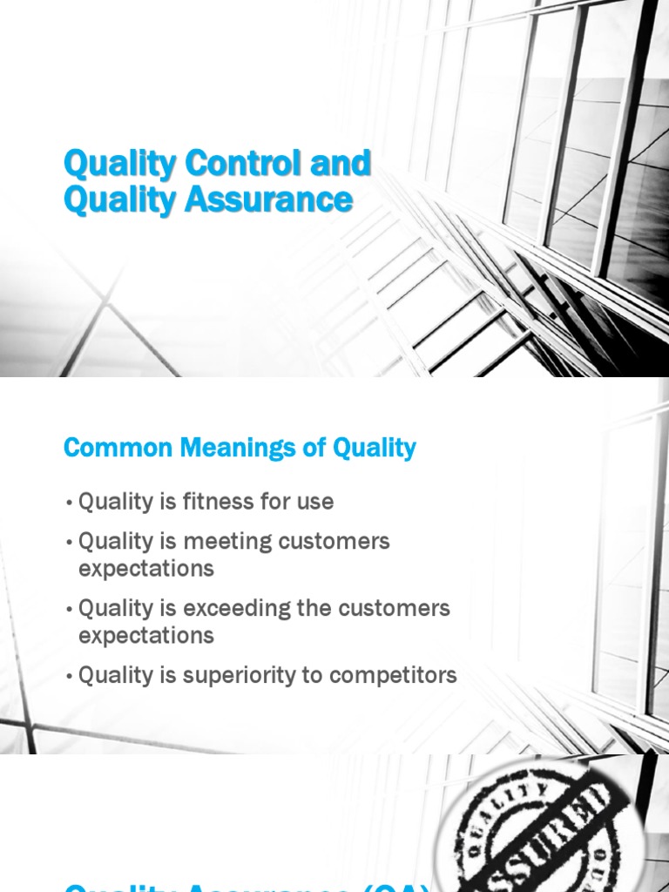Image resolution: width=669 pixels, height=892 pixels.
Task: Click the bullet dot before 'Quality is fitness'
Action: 69,503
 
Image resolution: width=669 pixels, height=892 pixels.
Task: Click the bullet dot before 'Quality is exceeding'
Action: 69,609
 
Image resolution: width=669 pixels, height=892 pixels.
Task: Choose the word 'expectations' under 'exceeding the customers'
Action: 145,635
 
